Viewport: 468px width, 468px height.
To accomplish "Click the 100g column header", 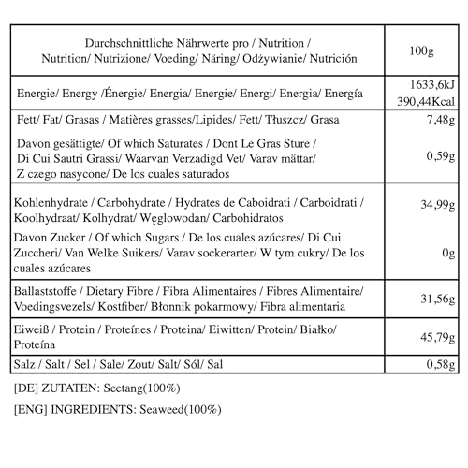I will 421,50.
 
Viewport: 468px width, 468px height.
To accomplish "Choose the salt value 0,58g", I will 435,363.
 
